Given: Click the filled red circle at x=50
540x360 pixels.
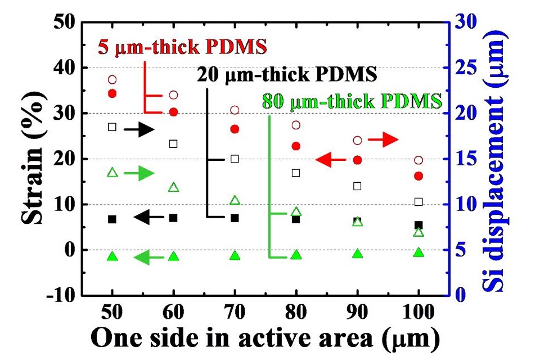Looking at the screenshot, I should pyautogui.click(x=112, y=93).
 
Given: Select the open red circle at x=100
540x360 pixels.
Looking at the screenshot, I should pyautogui.click(x=418, y=160).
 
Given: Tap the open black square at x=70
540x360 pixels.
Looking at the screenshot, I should pyautogui.click(x=235, y=159).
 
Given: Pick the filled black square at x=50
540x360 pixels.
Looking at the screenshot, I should pyautogui.click(x=112, y=219).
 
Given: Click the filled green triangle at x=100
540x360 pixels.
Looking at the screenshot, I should pyautogui.click(x=418, y=253).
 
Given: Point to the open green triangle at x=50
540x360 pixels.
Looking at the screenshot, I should pyautogui.click(x=112, y=172).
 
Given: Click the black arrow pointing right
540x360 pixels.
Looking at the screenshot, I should pyautogui.click(x=139, y=130).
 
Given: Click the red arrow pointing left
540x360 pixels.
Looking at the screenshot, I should pyautogui.click(x=331, y=160).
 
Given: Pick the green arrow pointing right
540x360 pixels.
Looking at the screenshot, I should pyautogui.click(x=139, y=174).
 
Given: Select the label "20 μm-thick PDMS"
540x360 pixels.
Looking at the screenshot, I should pyautogui.click(x=286, y=74).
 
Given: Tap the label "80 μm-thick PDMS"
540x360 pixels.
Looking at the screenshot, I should pyautogui.click(x=351, y=102).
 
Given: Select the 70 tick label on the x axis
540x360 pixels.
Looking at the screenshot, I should pyautogui.click(x=235, y=310).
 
